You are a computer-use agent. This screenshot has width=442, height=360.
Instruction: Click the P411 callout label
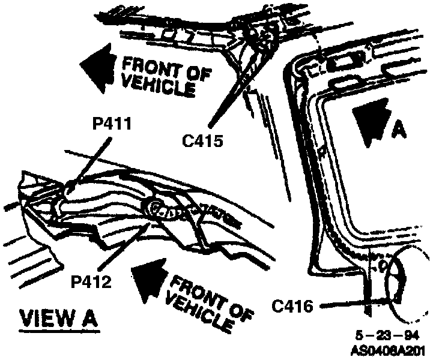113,124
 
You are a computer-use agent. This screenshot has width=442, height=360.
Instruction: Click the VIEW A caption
58,317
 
